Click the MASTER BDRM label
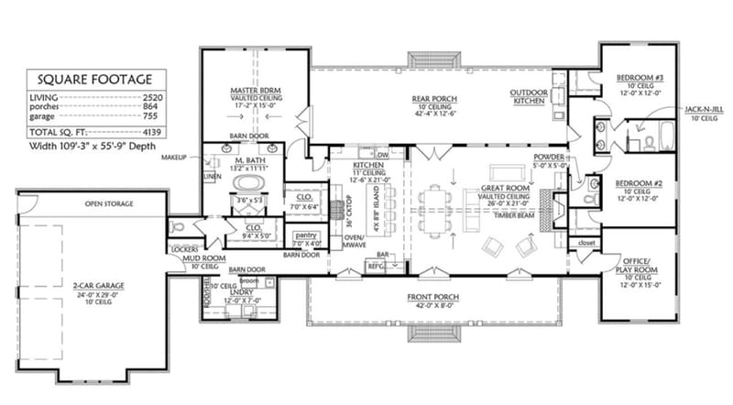254,92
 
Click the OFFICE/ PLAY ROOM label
638,265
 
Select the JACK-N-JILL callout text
701,111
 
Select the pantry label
305,235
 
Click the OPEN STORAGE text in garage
110,203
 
